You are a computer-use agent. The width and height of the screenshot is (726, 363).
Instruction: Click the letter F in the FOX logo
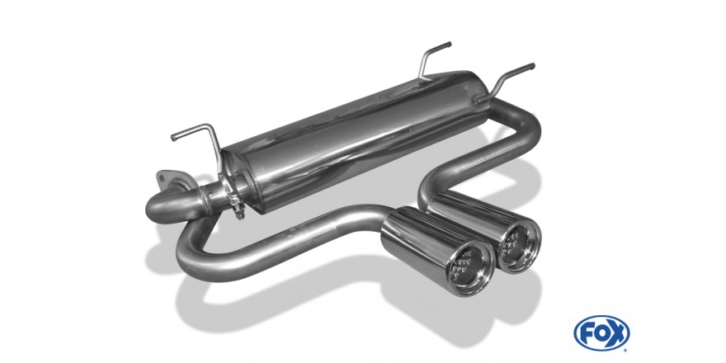[x=586, y=332]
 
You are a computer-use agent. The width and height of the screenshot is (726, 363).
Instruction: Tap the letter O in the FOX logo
[x=601, y=332]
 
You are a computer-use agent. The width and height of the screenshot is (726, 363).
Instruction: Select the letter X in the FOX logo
[x=617, y=332]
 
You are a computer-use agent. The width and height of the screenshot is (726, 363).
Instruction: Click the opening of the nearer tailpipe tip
[x=470, y=269]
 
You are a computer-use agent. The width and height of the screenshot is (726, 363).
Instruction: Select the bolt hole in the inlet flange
[x=163, y=176]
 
